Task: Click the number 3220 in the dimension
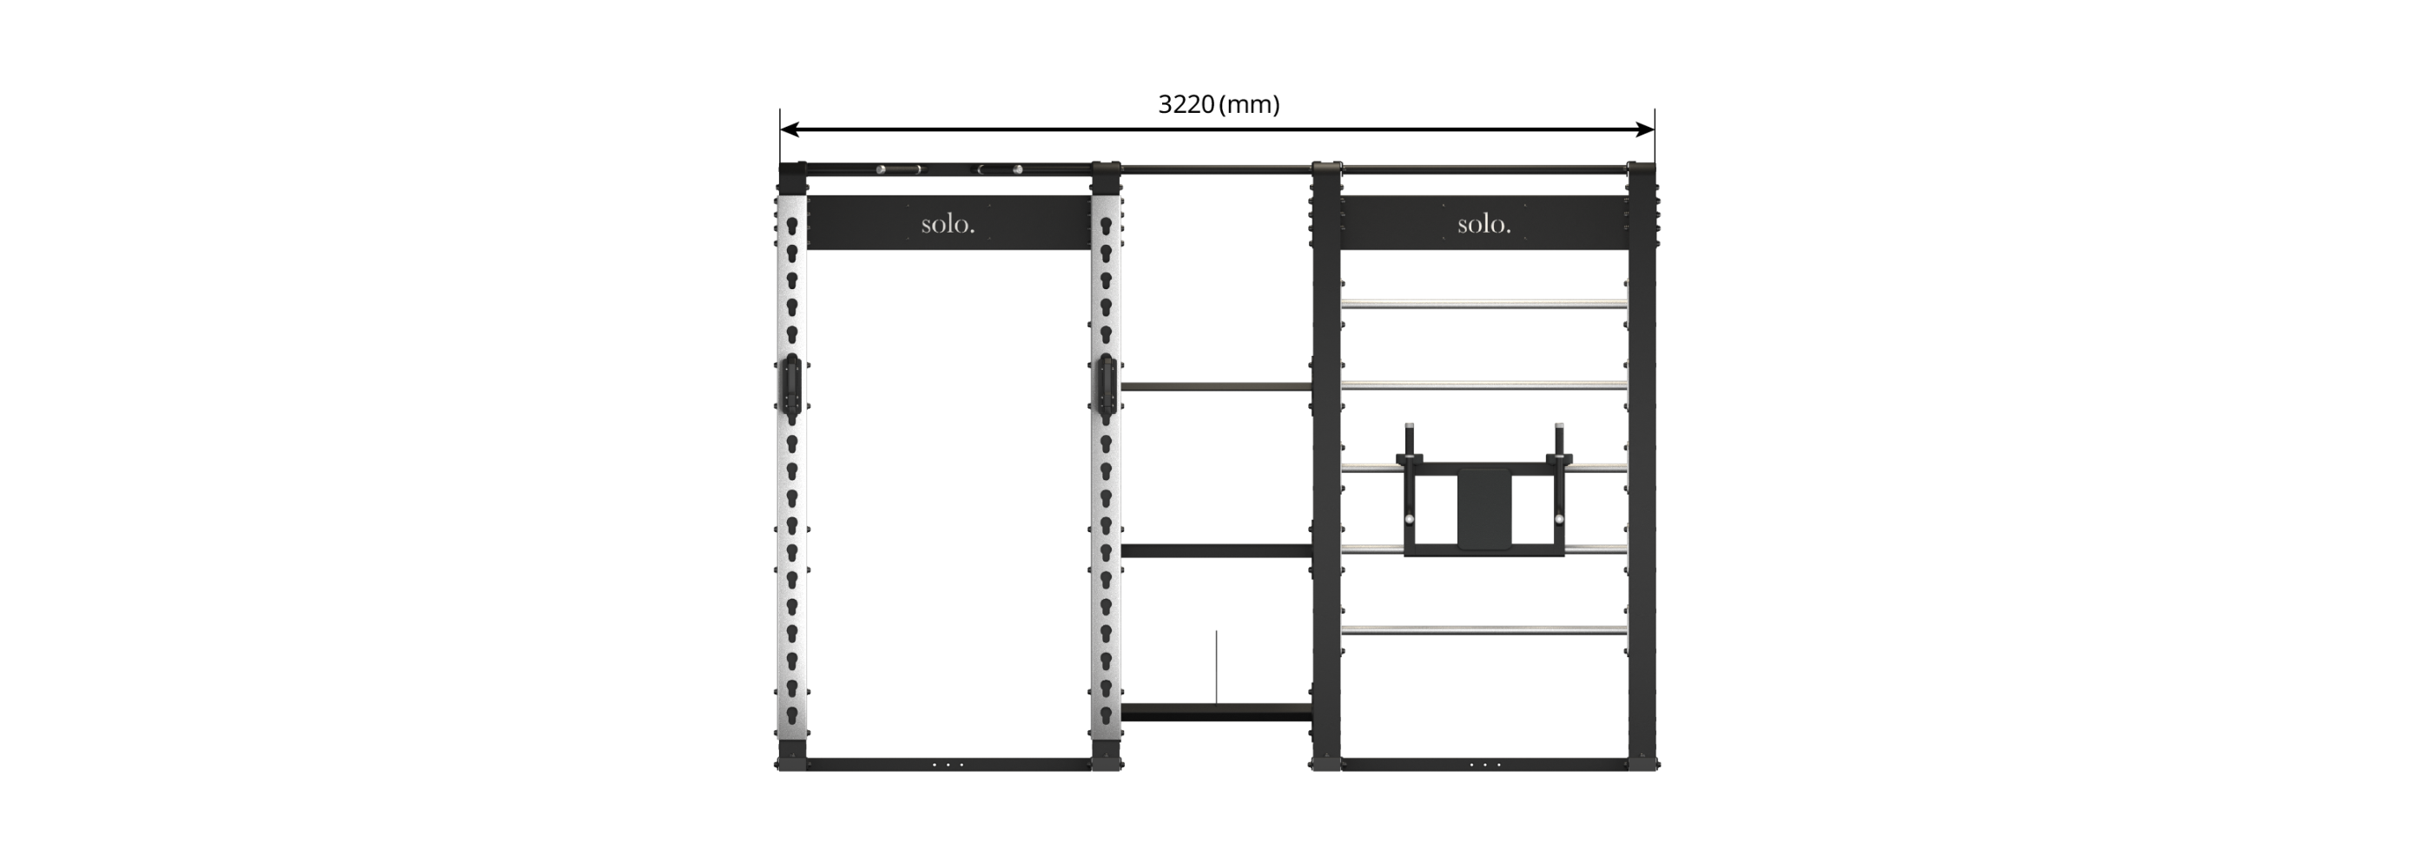1186,105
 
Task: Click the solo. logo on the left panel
948,225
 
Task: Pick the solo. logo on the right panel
1484,225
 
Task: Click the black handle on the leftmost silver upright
791,387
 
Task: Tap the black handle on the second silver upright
1106,387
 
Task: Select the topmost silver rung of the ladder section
1484,304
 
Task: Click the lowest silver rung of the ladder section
1484,629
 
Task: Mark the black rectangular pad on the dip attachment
1484,509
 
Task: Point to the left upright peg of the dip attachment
1410,441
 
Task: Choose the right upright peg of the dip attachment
1559,441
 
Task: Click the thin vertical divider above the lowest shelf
1216,667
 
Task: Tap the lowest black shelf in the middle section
1216,712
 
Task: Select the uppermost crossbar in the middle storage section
1216,387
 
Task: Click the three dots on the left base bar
948,764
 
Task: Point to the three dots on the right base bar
1484,764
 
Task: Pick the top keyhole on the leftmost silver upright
792,227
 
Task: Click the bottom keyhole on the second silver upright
1106,715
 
